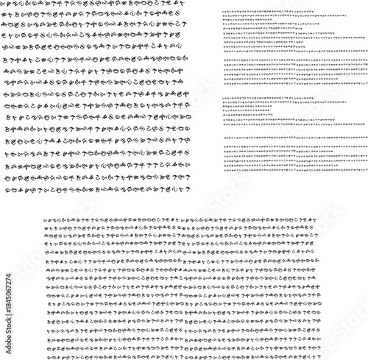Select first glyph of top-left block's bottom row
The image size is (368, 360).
[x=6, y=191]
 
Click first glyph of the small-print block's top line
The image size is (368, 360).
[x=224, y=13]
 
